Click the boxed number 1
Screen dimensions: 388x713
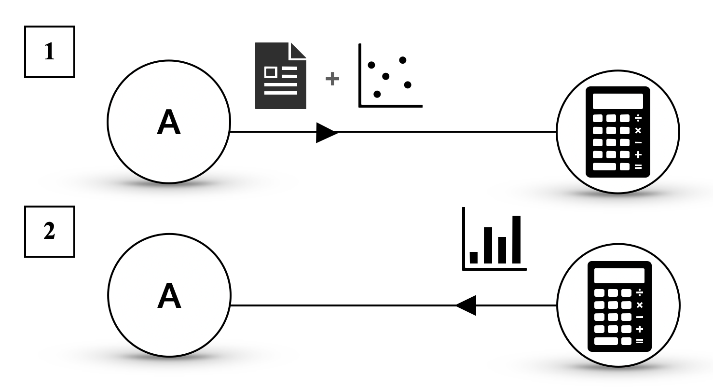pyautogui.click(x=50, y=52)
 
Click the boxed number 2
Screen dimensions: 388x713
pyautogui.click(x=50, y=232)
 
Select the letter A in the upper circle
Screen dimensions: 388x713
pyautogui.click(x=169, y=123)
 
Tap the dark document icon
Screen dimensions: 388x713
pyautogui.click(x=280, y=76)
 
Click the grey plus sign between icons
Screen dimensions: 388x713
pyautogui.click(x=332, y=79)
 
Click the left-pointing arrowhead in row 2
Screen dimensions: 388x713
pyautogui.click(x=466, y=305)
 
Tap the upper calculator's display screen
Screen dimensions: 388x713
pyautogui.click(x=617, y=101)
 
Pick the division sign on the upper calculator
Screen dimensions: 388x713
pyautogui.click(x=638, y=118)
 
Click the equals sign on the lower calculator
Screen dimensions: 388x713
pyautogui.click(x=640, y=341)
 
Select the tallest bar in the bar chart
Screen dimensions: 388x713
pyautogui.click(x=516, y=239)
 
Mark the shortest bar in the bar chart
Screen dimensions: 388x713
pyautogui.click(x=473, y=257)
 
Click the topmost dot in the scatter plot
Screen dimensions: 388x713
pyautogui.click(x=403, y=60)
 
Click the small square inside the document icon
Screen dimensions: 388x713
pyautogui.click(x=271, y=72)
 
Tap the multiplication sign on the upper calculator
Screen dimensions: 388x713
pyautogui.click(x=638, y=130)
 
